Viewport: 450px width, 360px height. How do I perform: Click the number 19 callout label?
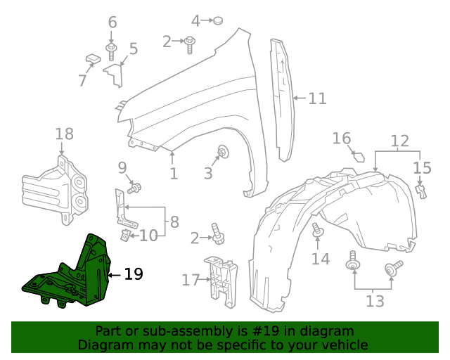[x=133, y=274]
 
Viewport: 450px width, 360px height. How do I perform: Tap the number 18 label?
[x=64, y=134]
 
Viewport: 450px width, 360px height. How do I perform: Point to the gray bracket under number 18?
[x=56, y=190]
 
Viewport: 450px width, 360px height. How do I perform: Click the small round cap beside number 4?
[x=219, y=21]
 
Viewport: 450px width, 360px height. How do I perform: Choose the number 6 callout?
[x=112, y=22]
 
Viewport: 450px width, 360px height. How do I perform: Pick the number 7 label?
[x=82, y=81]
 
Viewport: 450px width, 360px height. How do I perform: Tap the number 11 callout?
[x=317, y=98]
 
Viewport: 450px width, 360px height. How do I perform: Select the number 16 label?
[x=341, y=139]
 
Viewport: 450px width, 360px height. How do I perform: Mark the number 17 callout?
[x=191, y=280]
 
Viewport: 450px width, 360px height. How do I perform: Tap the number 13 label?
[x=375, y=302]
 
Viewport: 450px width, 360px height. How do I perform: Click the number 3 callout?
[x=208, y=173]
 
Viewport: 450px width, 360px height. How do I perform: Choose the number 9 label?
[x=122, y=167]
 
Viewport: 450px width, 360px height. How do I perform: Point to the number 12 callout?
[x=399, y=141]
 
